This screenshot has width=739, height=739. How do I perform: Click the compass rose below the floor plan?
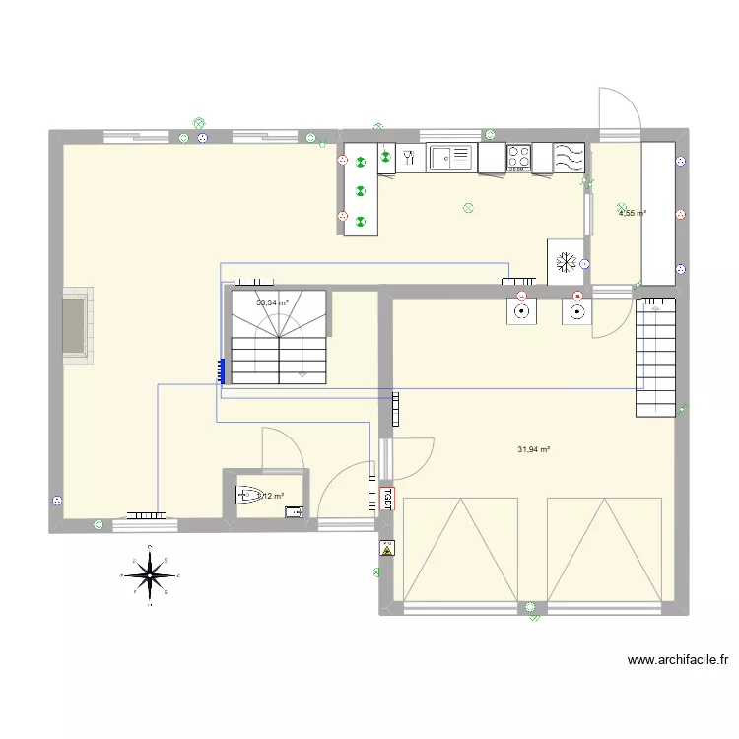pos(149,574)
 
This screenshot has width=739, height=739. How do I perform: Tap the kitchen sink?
pos(451,156)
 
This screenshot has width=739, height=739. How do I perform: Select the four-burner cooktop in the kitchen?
pos(519,156)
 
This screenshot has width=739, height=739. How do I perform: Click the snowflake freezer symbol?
pos(566,262)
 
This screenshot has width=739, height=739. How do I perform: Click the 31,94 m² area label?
pos(533,450)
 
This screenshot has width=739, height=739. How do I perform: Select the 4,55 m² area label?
pos(632,212)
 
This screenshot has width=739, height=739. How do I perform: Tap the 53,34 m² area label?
pos(272,303)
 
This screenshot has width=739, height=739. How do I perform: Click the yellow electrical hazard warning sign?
pos(387,550)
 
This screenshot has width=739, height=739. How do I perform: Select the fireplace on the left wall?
pos(77,325)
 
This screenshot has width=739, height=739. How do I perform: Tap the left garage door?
pos(460,550)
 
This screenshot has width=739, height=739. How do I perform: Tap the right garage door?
pos(603,550)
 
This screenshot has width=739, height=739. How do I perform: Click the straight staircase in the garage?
pos(654,357)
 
